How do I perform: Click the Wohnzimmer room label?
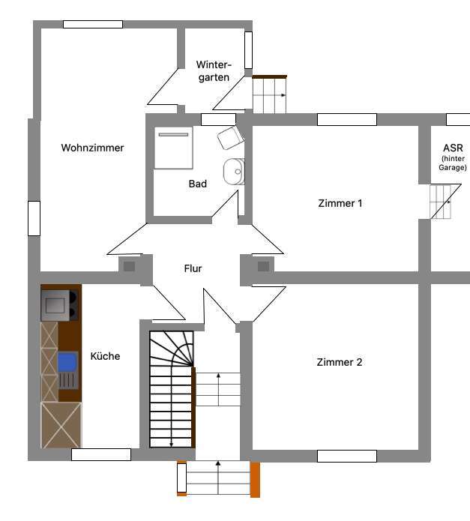click(92, 148)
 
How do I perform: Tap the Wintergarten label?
click(214, 70)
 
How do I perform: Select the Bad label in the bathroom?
click(197, 184)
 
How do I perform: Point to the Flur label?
click(193, 268)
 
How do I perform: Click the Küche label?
click(105, 356)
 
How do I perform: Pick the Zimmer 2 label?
click(340, 362)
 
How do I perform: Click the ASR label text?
click(453, 148)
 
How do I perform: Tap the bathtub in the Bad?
click(173, 148)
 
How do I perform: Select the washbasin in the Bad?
click(234, 171)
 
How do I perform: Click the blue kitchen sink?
click(67, 362)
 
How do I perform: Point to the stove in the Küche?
click(61, 304)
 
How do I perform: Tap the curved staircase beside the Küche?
click(171, 390)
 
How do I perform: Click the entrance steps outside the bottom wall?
click(217, 478)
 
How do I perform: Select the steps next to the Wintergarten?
click(269, 95)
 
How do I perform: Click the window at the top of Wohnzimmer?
click(92, 24)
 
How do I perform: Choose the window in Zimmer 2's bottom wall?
click(346, 456)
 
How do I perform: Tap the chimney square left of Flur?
click(129, 265)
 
